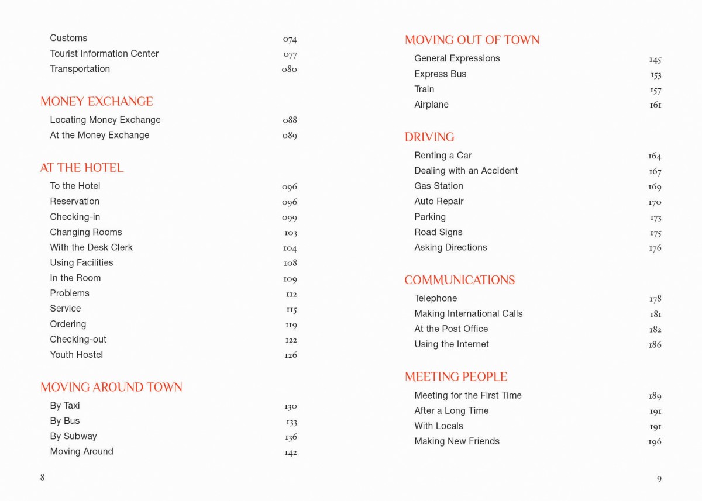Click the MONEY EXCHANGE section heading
pyautogui.click(x=97, y=102)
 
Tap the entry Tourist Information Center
pyautogui.click(x=104, y=54)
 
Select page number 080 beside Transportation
pyautogui.click(x=289, y=69)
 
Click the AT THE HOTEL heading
pyautogui.click(x=82, y=168)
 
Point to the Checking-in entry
pyautogui.click(x=75, y=217)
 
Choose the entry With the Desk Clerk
pyautogui.click(x=91, y=247)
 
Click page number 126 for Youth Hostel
pyautogui.click(x=291, y=355)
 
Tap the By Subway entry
pyautogui.click(x=73, y=436)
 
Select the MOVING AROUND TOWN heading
pyautogui.click(x=111, y=387)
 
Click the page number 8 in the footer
pyautogui.click(x=42, y=477)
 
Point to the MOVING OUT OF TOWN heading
pyautogui.click(x=472, y=40)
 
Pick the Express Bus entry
pyautogui.click(x=440, y=74)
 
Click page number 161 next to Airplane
pyautogui.click(x=655, y=105)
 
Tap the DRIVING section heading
pyautogui.click(x=429, y=137)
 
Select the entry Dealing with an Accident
pyautogui.click(x=466, y=171)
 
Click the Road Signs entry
pyautogui.click(x=438, y=232)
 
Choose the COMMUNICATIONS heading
pyautogui.click(x=459, y=280)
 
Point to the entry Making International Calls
pyautogui.click(x=468, y=314)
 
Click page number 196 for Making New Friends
pyautogui.click(x=655, y=442)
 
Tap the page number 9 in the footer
pyautogui.click(x=659, y=479)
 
